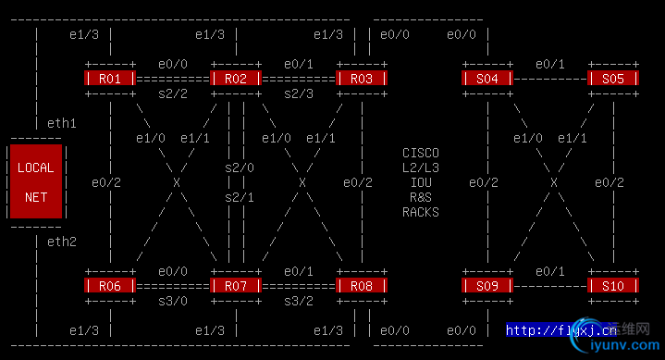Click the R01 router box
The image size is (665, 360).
[x=110, y=79]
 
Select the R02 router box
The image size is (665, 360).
[x=236, y=79]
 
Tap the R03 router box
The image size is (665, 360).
[x=362, y=79]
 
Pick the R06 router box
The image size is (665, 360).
[x=110, y=286]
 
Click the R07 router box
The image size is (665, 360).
[x=236, y=286]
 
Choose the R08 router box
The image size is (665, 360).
[x=362, y=286]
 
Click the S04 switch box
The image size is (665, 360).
[x=487, y=79]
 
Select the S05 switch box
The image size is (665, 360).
[x=613, y=79]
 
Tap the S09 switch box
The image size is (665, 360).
[x=487, y=286]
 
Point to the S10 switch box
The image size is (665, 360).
[x=613, y=286]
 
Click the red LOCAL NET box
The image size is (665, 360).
[x=36, y=181]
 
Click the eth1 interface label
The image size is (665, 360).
[x=62, y=123]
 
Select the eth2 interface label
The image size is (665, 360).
[x=62, y=242]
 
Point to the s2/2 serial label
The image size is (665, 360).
[x=173, y=93]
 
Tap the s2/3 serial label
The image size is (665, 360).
[x=299, y=93]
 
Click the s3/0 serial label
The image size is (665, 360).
[x=173, y=301]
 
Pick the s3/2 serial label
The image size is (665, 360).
[x=299, y=301]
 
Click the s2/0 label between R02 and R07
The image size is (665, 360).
[x=240, y=168]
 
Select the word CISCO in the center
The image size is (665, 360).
[x=421, y=153]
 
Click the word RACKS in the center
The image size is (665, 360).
[x=421, y=212]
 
